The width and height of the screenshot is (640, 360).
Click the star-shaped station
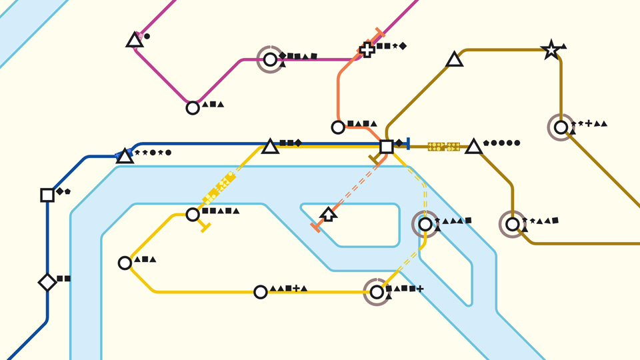coord(551,50)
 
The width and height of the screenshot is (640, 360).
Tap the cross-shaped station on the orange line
coord(367,49)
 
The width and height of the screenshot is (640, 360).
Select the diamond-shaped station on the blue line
coord(47,282)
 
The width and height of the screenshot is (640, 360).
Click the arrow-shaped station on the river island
coord(328,214)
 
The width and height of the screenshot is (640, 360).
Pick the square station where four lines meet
coord(386,146)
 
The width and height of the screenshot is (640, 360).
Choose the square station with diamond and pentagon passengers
coord(47,195)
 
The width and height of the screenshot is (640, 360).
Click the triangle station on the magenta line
coord(135,41)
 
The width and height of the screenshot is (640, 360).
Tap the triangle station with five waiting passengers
coord(473,147)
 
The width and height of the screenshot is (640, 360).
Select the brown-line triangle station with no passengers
coord(455,60)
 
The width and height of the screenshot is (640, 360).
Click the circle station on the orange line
coord(338,127)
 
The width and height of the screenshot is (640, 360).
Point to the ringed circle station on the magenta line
coord(270,60)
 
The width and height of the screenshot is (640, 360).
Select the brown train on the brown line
coord(444,146)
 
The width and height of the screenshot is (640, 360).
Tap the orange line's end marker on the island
coord(315,228)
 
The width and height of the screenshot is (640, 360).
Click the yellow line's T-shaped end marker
coord(205,227)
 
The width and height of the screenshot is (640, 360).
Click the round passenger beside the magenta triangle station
coord(147,36)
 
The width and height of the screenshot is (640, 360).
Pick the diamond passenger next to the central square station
coord(399,143)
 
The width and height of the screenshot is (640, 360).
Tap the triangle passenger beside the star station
coord(564,46)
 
